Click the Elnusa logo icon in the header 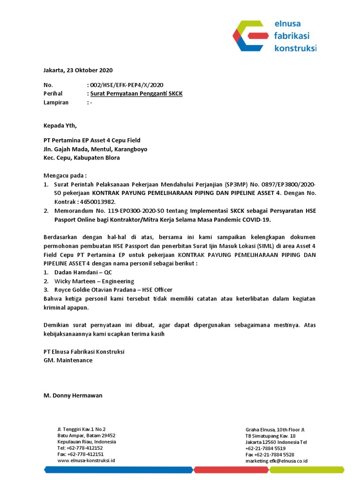point(251,35)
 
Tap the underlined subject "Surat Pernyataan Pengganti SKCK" point(136,94)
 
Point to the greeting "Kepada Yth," point(60,125)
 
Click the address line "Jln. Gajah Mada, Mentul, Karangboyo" point(95,149)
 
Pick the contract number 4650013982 point(96,202)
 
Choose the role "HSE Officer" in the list point(157,290)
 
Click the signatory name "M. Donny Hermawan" point(73,396)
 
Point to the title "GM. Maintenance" point(68,360)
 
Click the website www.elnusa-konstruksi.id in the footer point(86,460)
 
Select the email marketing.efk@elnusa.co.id point(277,461)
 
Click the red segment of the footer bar point(224,469)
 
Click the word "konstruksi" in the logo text point(295,48)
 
